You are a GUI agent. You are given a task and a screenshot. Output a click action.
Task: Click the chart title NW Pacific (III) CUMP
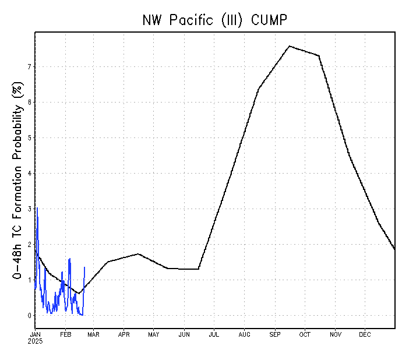215,20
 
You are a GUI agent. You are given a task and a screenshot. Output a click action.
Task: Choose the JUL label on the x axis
213,334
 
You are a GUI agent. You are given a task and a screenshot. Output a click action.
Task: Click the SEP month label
274,334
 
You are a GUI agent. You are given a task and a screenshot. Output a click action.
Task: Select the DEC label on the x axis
365,334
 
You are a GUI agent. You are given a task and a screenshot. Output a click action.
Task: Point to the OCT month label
304,334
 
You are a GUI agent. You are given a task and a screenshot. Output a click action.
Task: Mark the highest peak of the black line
290,45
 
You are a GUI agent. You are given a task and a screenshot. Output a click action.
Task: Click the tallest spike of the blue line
37,207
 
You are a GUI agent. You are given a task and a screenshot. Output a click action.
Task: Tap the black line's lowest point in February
79,293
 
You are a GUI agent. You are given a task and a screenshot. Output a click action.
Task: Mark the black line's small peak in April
138,253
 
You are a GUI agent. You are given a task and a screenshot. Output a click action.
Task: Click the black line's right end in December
394,249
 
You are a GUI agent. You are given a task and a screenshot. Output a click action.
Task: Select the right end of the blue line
84,267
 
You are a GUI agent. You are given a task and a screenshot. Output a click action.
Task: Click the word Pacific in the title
192,20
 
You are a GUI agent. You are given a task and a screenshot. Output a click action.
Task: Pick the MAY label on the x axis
154,334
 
